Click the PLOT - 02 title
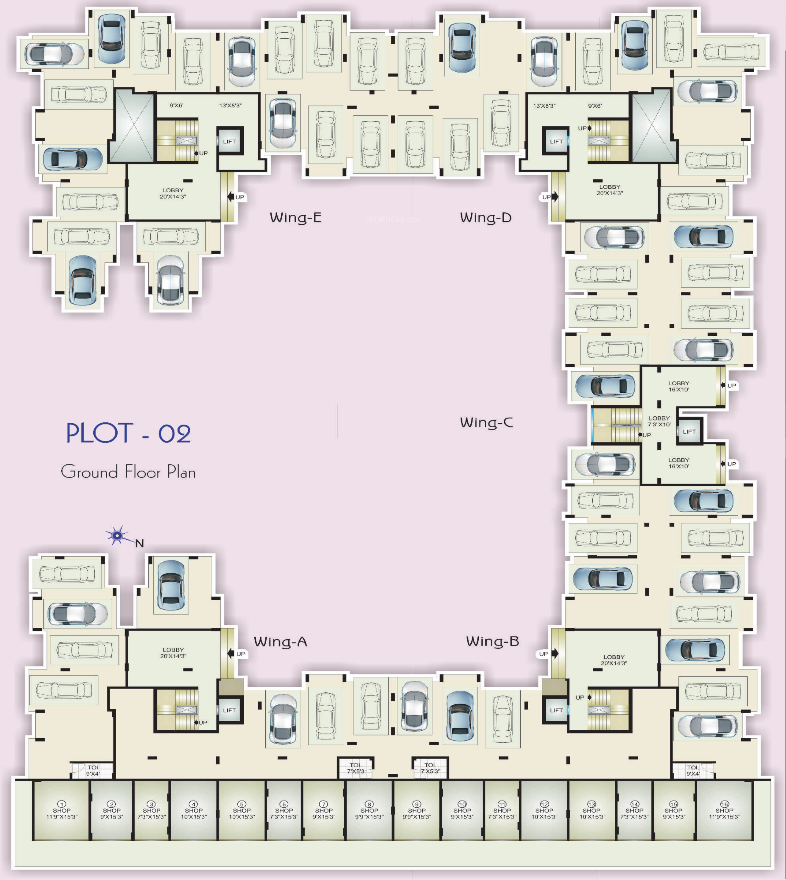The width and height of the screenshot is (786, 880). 128,433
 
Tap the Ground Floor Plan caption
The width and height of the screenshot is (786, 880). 128,471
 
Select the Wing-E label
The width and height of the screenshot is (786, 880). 296,217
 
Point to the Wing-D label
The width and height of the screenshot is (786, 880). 486,217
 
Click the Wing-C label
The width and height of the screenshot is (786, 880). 486,422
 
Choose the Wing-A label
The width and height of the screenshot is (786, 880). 280,642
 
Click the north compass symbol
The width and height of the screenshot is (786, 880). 117,536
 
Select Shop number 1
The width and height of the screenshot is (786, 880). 61,810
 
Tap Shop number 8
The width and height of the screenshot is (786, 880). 369,810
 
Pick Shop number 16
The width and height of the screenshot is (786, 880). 724,810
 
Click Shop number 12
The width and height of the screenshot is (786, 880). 544,810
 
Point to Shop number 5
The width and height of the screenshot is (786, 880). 242,810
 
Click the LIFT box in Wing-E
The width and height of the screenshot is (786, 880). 229,142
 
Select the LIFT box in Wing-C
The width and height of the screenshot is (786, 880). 689,432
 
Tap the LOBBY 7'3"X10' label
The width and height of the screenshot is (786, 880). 659,421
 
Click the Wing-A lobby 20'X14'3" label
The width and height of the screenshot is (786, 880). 173,652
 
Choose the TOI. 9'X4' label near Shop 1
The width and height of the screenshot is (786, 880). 93,770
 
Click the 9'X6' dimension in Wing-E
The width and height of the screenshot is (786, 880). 176,105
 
